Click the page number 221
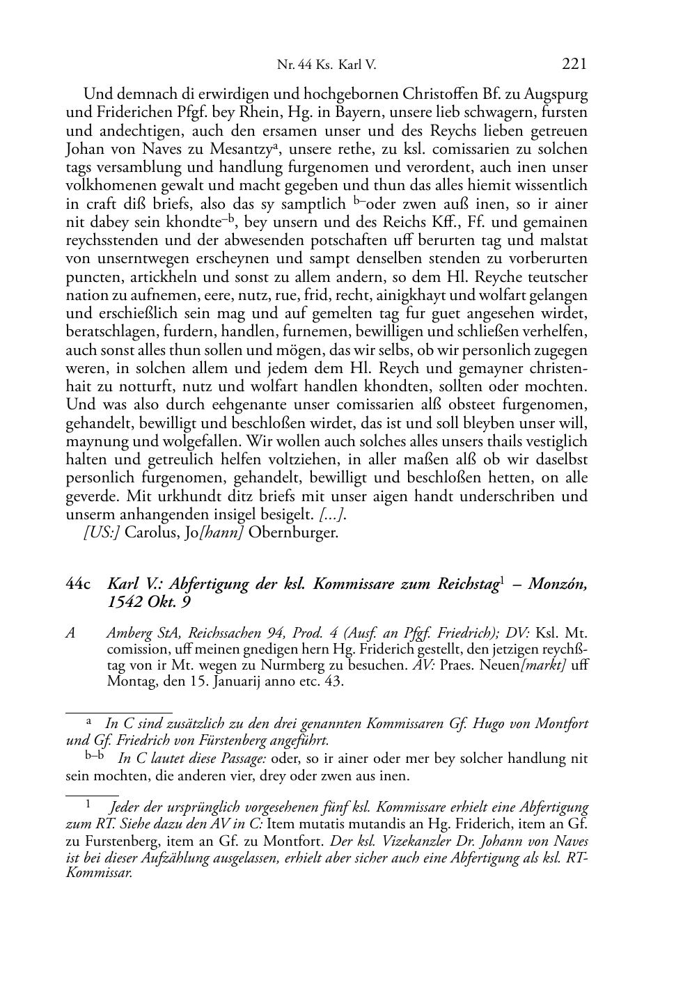click(574, 65)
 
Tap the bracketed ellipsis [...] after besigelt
click(333, 515)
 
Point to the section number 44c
click(78, 584)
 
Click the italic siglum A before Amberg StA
click(70, 633)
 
